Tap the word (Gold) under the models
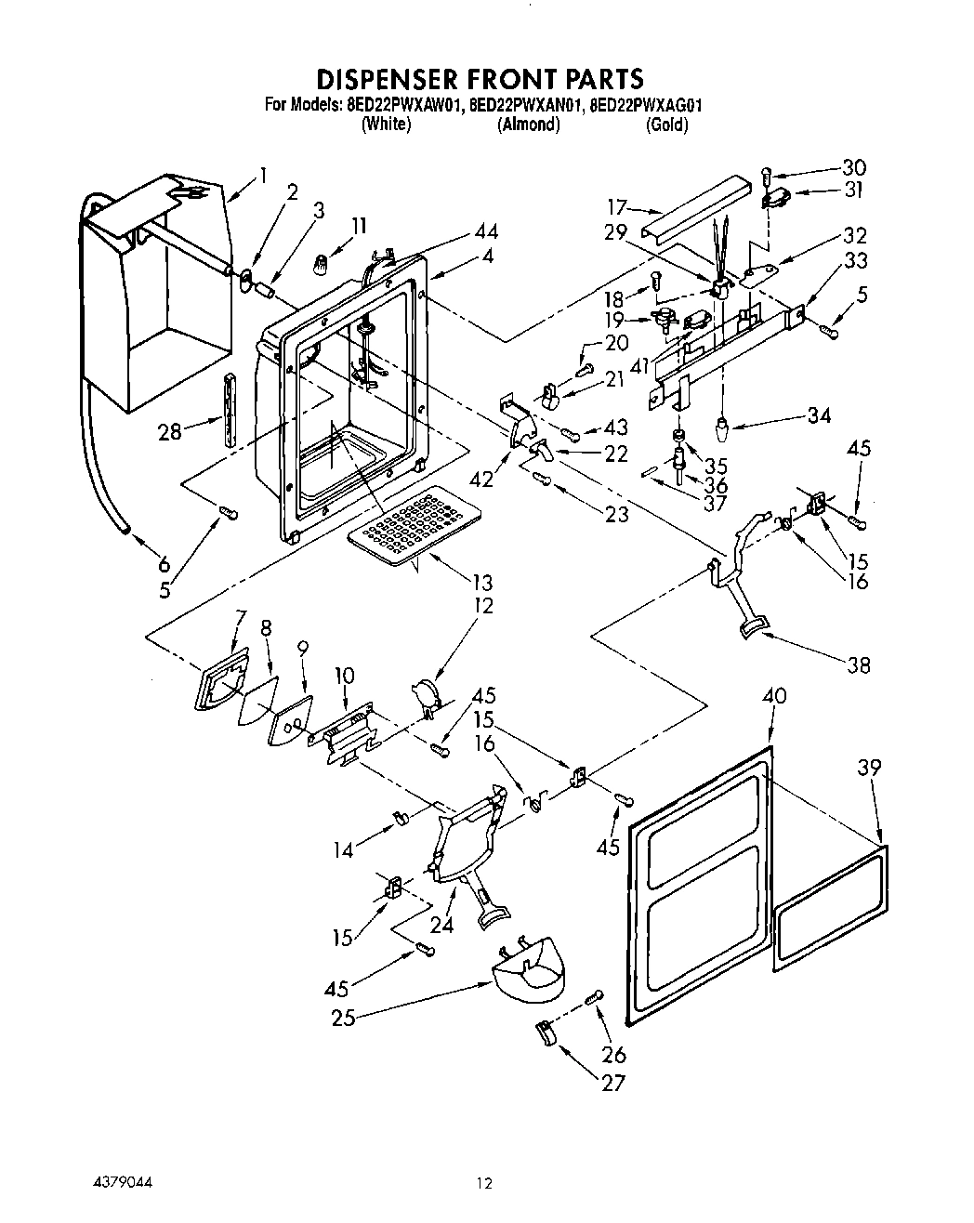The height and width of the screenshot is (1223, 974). [x=666, y=125]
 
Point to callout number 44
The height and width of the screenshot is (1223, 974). [x=485, y=232]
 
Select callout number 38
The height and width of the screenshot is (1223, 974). [x=858, y=664]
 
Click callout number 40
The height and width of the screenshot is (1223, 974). [x=773, y=694]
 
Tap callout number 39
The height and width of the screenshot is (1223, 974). [x=869, y=767]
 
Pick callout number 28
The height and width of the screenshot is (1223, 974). [x=169, y=432]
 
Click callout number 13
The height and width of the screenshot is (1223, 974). [x=481, y=583]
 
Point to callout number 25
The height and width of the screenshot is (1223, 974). [x=343, y=1018]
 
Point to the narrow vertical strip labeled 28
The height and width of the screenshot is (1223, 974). [x=229, y=411]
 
